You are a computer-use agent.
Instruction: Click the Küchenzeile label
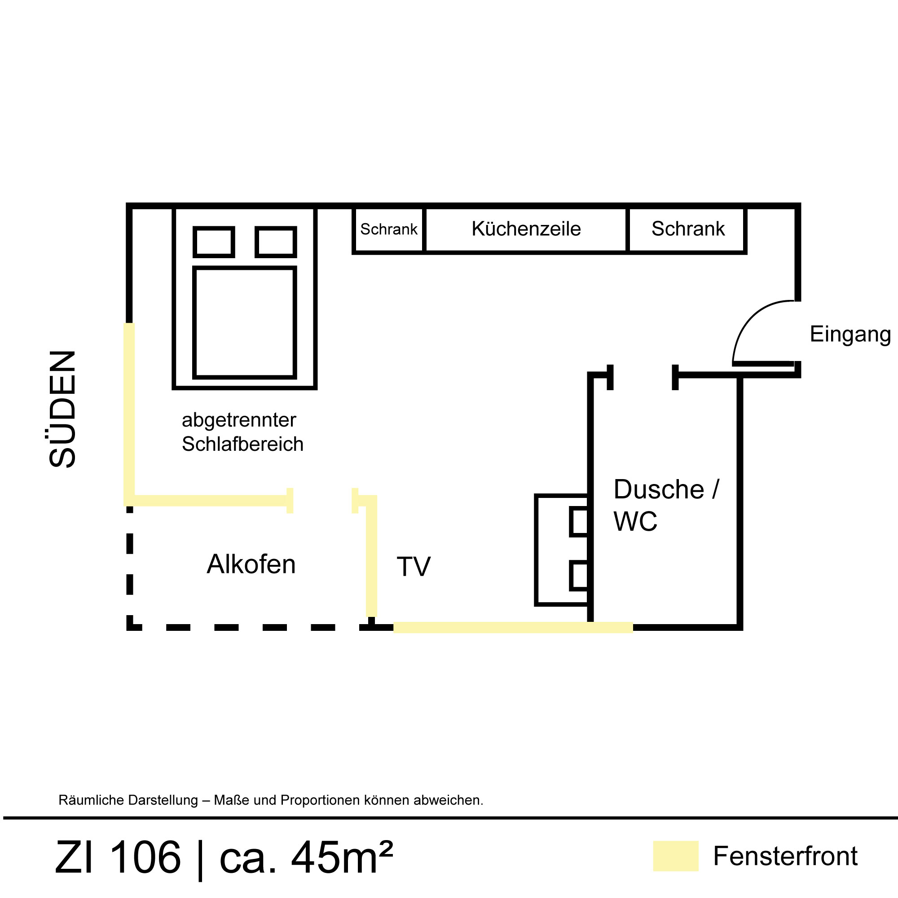[x=526, y=229]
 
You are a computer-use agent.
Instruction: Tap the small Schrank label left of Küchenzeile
[x=388, y=229]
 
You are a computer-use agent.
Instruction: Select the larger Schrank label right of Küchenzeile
[x=688, y=229]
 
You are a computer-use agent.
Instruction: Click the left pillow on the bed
[x=214, y=242]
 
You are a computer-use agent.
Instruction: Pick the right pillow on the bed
[x=276, y=242]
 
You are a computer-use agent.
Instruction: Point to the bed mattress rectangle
[x=245, y=322]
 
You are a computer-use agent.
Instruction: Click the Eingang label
[x=850, y=335]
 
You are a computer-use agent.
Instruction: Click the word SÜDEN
[x=62, y=409]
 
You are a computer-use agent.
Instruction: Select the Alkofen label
[x=251, y=564]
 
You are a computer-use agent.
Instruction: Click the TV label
[x=413, y=567]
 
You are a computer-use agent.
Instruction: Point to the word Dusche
[x=659, y=489]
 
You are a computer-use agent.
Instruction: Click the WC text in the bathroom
[x=635, y=521]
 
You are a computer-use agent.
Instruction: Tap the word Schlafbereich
[x=242, y=445]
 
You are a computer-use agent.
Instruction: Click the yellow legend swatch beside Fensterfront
[x=675, y=856]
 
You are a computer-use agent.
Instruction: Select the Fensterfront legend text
[x=785, y=856]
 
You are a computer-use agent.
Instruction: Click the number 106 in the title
[x=145, y=857]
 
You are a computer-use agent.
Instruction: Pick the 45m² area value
[x=342, y=857]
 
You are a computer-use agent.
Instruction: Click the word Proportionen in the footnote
[x=320, y=800]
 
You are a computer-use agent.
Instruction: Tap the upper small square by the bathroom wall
[x=579, y=521]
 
